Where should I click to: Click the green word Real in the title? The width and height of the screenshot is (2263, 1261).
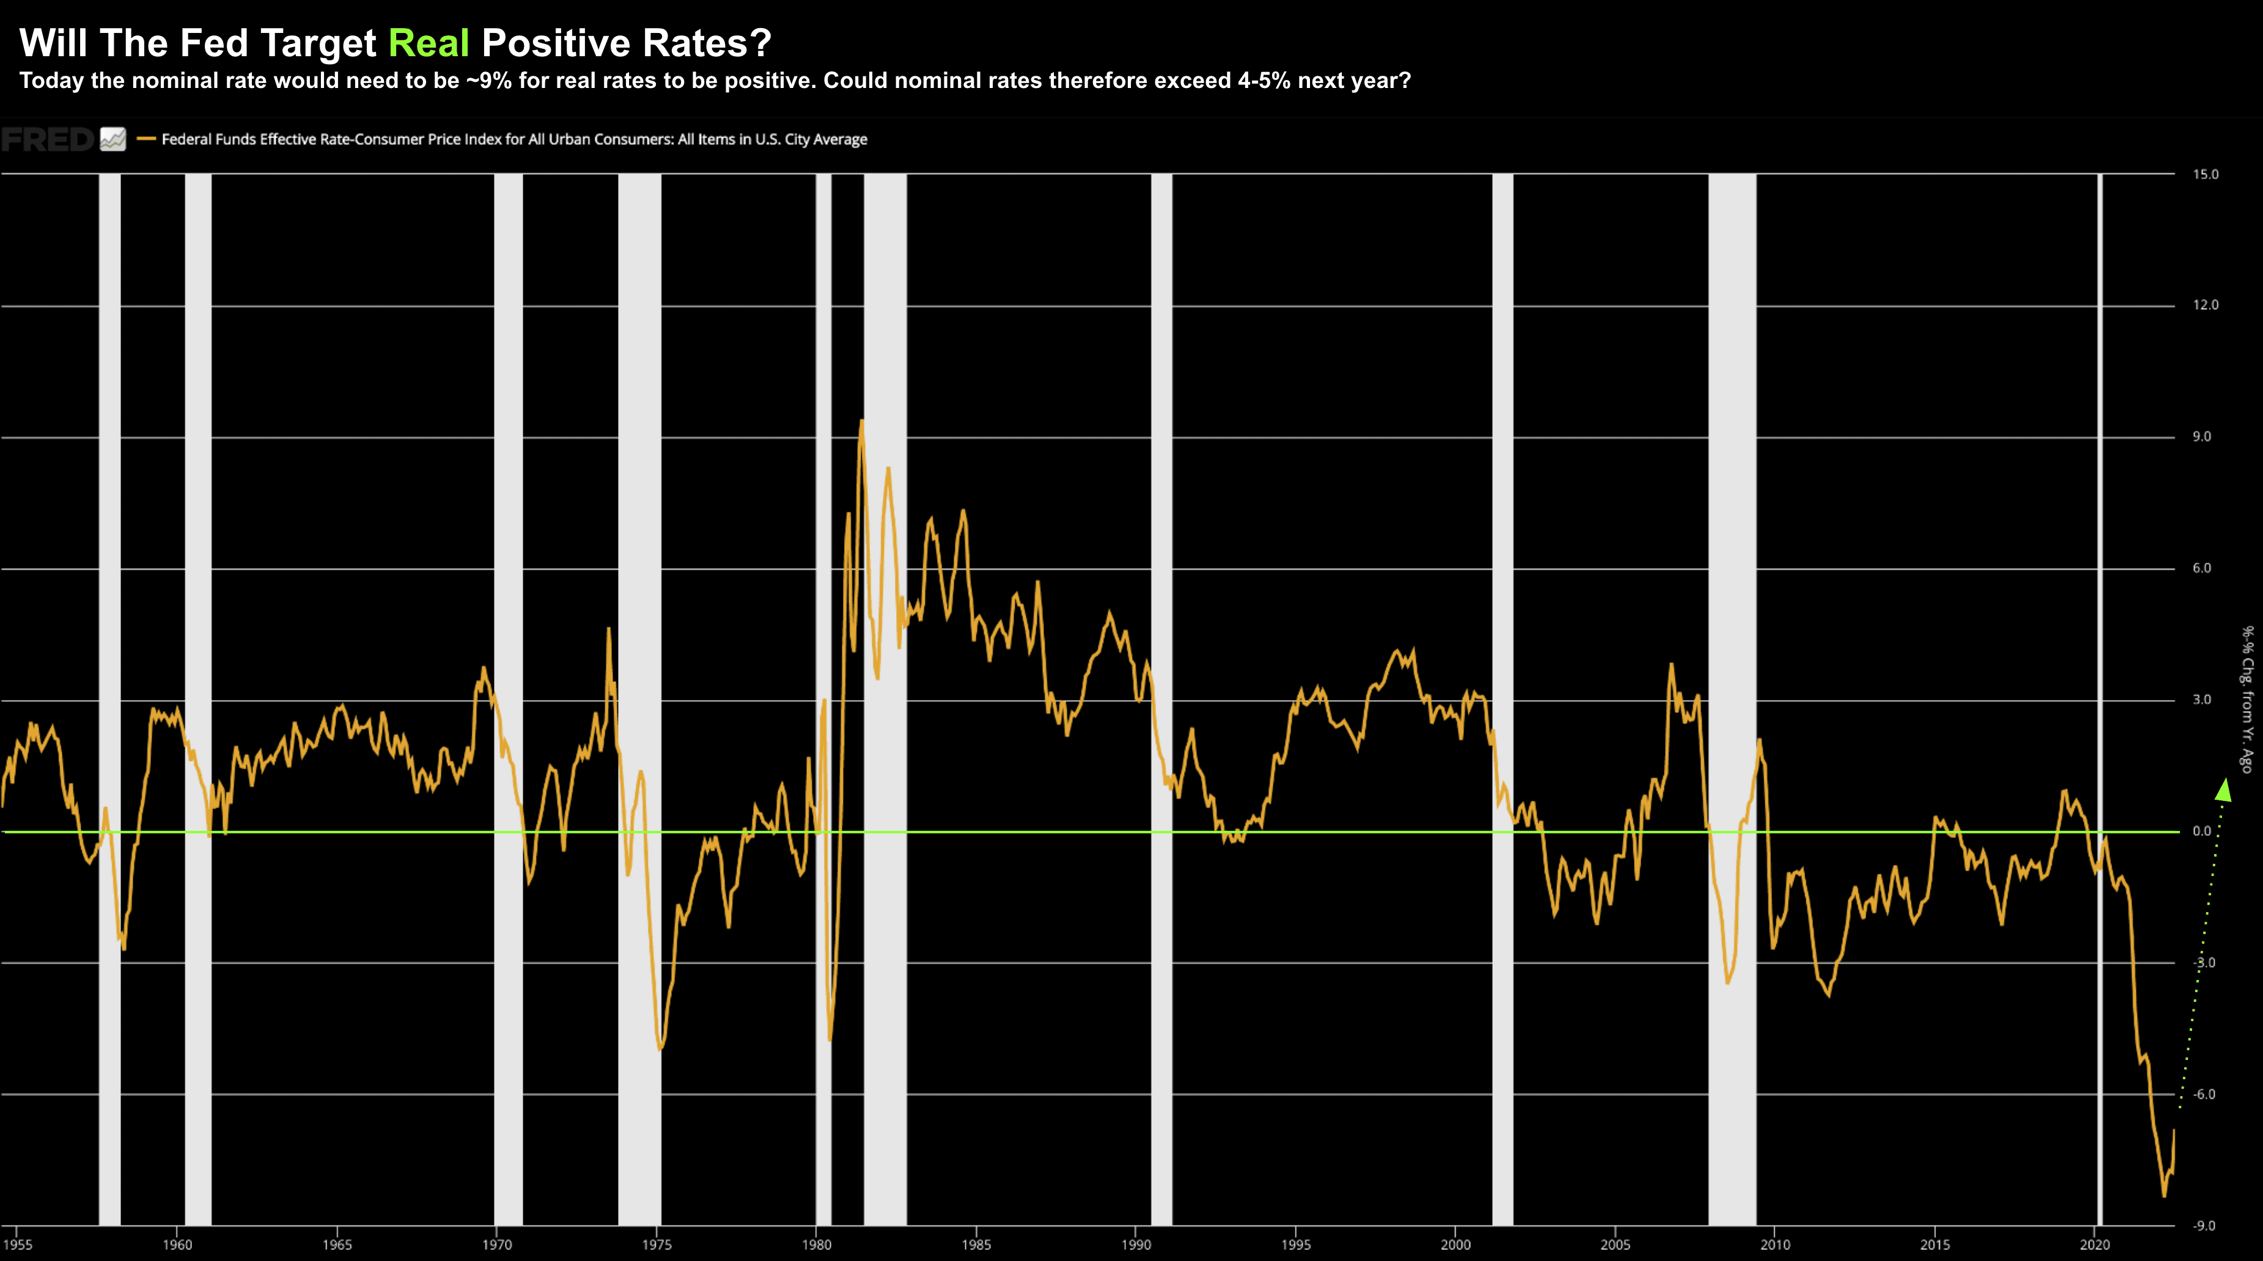[x=429, y=43]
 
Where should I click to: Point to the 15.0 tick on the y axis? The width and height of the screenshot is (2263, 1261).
[x=2205, y=175]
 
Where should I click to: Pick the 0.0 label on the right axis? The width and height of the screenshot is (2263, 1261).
[x=2201, y=832]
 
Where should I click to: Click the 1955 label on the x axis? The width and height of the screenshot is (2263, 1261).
[x=18, y=1245]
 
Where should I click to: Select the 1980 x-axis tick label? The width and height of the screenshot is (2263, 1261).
[x=816, y=1245]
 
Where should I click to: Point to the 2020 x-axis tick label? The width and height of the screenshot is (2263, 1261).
[x=2094, y=1245]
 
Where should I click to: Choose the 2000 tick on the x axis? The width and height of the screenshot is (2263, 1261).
[x=1455, y=1245]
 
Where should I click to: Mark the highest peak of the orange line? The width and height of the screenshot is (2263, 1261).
[x=862, y=422]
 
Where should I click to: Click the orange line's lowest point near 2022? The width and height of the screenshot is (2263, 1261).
[x=2164, y=1195]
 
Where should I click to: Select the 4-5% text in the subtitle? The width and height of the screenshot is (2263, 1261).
[x=1264, y=81]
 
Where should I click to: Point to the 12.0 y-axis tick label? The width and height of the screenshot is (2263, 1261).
[x=2205, y=305]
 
